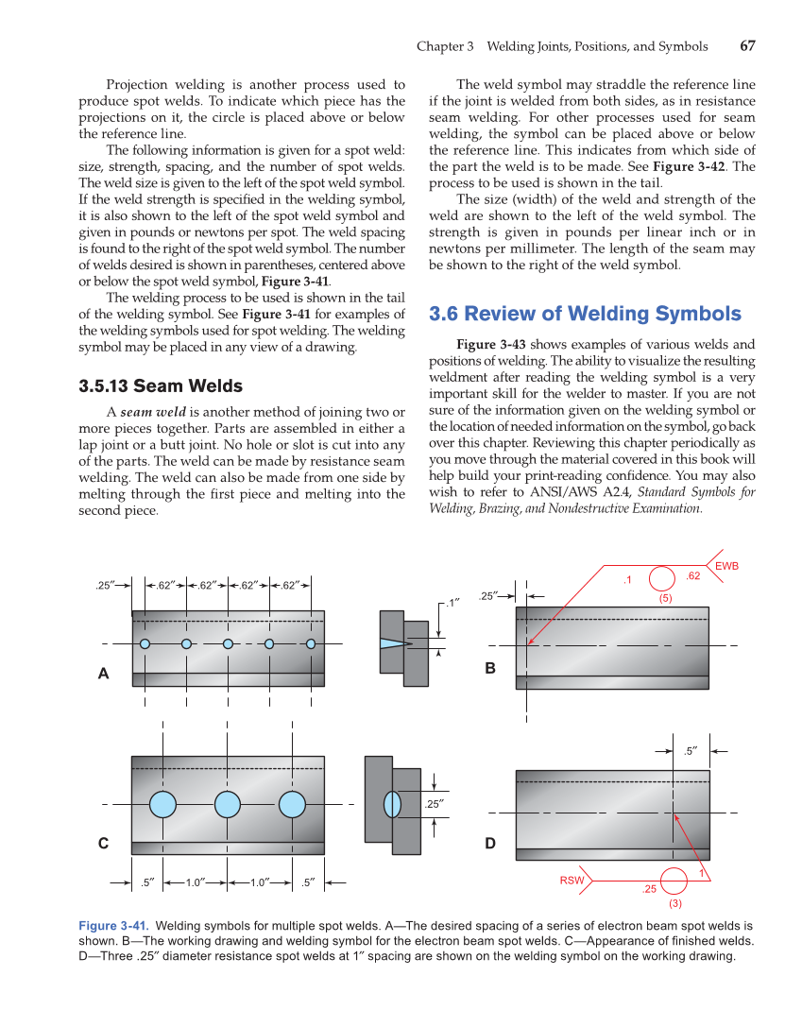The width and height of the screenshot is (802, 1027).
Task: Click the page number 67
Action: coord(747,46)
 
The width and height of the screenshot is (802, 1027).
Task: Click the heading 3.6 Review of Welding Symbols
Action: coord(585,314)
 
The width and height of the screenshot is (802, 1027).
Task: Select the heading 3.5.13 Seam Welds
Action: coord(160,385)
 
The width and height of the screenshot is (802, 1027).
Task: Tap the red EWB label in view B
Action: coord(726,566)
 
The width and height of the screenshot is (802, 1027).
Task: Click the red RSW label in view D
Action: coord(572,881)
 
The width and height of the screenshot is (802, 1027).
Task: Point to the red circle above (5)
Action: coord(662,578)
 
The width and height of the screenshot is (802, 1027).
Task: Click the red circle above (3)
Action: coord(674,881)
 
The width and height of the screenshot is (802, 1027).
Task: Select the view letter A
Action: coord(104,674)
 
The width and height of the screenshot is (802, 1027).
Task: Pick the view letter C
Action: coord(104,843)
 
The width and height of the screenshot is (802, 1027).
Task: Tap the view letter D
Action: coord(490,843)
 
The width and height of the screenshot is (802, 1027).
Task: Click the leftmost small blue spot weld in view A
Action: coord(145,643)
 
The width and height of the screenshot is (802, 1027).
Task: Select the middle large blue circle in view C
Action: coord(228,805)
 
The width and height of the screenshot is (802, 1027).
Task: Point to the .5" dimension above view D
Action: coord(691,752)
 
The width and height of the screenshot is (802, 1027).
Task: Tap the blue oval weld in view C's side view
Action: coord(393,805)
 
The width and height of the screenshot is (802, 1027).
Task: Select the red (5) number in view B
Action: coord(665,598)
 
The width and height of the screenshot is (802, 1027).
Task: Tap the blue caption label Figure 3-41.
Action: coord(113,926)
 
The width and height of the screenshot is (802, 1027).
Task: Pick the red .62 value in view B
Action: coord(692,575)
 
